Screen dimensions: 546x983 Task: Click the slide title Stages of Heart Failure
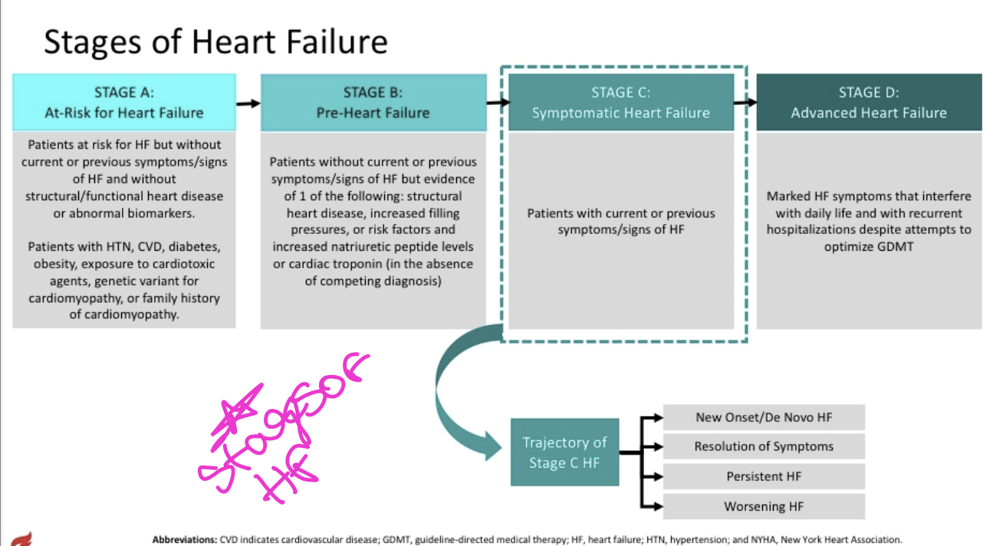[x=215, y=41]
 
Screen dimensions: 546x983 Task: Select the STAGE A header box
[x=124, y=102]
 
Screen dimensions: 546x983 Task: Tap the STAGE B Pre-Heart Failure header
[x=373, y=102]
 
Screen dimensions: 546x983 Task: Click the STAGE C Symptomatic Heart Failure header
[x=620, y=102]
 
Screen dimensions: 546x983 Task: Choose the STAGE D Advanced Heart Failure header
[x=869, y=102]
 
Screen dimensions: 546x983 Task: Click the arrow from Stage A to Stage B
[x=248, y=103]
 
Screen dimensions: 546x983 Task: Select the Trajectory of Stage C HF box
[x=564, y=452]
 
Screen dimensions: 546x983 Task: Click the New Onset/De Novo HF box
[x=764, y=417]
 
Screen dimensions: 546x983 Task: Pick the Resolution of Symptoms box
[x=764, y=446]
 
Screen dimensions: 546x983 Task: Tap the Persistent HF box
[x=764, y=476]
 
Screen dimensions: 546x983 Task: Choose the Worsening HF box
[x=764, y=506]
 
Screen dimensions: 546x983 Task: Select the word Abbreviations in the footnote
[x=184, y=539]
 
